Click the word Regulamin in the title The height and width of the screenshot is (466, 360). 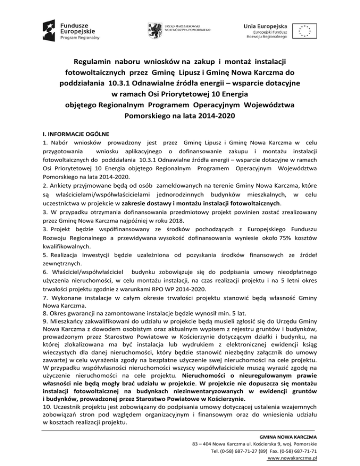pos(96,61)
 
